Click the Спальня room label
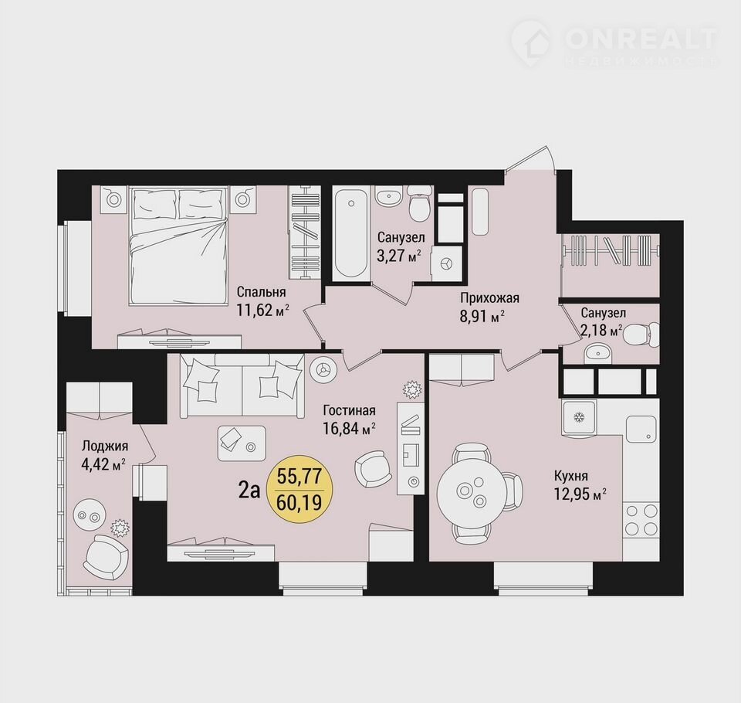coord(261,291)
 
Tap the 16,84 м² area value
coord(349,429)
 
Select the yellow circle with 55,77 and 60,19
coord(299,489)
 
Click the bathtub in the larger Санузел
coord(350,234)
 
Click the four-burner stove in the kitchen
coord(641,519)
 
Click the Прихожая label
coord(489,298)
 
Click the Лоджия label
coord(105,446)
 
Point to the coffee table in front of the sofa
coord(242,443)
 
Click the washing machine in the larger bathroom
coord(447,263)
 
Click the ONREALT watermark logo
coord(614,42)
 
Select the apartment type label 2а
coord(249,491)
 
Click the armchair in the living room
coord(374,468)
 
